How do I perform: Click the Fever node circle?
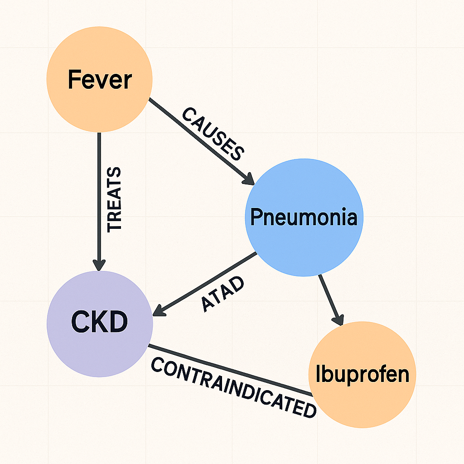coord(99,79)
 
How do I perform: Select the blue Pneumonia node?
coord(304,217)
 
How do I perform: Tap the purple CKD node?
coord(100,324)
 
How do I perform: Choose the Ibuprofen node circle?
coord(362,375)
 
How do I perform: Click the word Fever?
coord(100,79)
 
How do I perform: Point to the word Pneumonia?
coord(304,217)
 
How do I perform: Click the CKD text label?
coord(99,322)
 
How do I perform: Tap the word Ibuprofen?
coord(362,374)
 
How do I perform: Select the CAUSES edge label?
coord(213,134)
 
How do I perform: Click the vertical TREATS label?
coord(114,200)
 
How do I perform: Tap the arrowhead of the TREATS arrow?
coord(99,265)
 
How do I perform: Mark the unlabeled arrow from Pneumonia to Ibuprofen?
coord(331,300)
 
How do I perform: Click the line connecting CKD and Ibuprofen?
coord(231,370)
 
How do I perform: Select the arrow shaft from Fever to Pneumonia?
coord(202,141)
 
